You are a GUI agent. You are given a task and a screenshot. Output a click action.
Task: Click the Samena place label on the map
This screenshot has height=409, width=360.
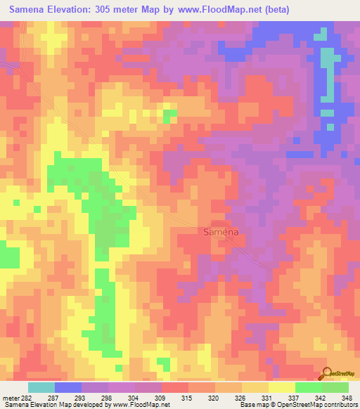220,231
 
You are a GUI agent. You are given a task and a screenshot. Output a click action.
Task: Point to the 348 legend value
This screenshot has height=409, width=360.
347,398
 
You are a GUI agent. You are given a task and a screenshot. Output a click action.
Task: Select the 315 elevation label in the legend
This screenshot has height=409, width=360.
187,398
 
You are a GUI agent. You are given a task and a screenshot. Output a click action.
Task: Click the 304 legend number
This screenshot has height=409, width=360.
134,398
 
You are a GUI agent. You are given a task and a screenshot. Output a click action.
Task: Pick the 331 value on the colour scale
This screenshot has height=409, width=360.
267,398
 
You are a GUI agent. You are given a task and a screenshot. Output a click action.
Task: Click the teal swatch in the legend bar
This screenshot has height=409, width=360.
41,387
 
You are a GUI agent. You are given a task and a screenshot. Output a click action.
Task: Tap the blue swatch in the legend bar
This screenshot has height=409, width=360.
68,387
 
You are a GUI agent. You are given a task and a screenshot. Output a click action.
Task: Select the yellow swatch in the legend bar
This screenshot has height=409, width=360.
281,387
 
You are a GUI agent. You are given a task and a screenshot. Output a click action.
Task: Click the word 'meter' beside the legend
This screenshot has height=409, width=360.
11,398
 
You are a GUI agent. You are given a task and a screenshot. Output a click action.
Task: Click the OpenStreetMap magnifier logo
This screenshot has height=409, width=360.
326,375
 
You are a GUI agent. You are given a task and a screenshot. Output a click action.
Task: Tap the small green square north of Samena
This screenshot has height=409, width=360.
169,116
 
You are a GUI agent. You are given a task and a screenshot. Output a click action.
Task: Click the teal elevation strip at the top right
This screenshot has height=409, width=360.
327,70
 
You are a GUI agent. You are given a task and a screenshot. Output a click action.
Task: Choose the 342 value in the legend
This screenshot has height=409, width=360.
321,398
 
